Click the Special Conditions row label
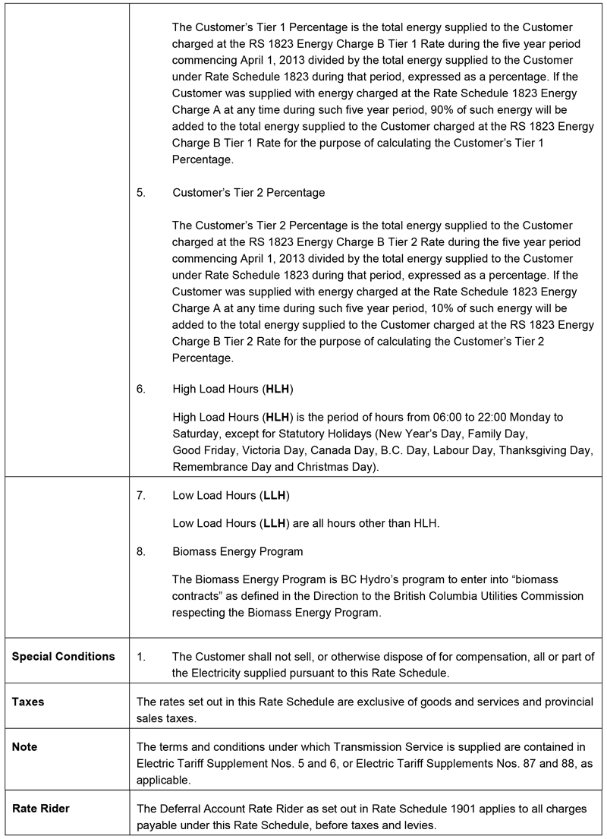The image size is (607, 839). coord(64,656)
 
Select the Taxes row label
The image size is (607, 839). coord(28,702)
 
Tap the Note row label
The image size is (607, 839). coord(24,747)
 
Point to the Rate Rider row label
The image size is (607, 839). coord(40,809)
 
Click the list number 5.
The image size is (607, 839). coord(141,193)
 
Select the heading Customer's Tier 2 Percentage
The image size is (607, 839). coord(248,193)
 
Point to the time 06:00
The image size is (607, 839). coord(423,418)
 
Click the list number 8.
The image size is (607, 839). coord(141,551)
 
